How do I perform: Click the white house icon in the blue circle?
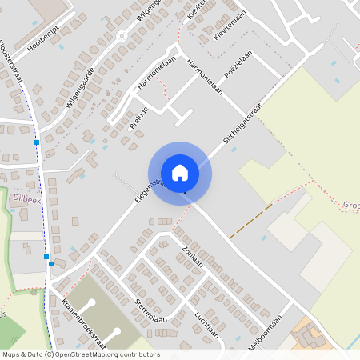coord(179,172)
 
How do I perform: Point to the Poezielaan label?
coord(238,62)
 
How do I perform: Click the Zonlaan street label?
coord(193,255)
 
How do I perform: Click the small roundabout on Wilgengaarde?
coord(122,36)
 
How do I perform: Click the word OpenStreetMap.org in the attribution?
coord(88,354)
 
